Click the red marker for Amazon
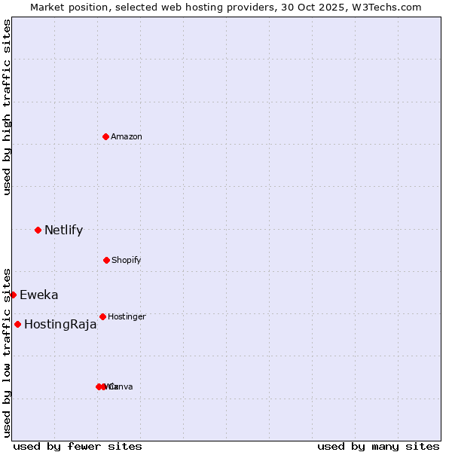click(x=105, y=136)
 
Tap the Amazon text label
click(x=126, y=137)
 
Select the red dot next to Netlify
click(x=38, y=230)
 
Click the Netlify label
click(x=63, y=231)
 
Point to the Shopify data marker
click(x=106, y=260)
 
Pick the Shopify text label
click(x=126, y=261)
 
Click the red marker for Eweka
click(x=13, y=295)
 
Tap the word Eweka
click(x=38, y=295)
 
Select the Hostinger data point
click(x=102, y=316)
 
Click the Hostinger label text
click(x=127, y=317)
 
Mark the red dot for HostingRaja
click(x=17, y=324)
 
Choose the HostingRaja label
click(x=60, y=325)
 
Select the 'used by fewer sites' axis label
click(x=78, y=446)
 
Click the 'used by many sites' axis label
click(x=378, y=446)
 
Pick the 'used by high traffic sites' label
click(x=7, y=107)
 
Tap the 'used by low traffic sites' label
click(x=7, y=352)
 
